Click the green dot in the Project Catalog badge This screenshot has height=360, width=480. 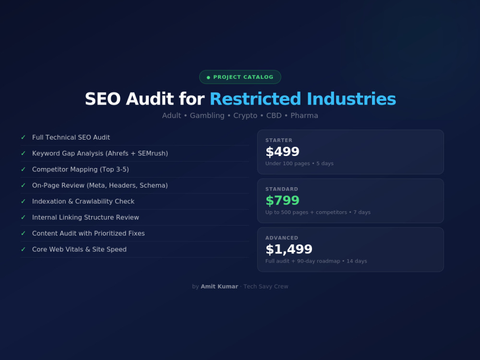click(208, 77)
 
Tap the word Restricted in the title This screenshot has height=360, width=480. click(255, 99)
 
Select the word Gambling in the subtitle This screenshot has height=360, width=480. click(207, 116)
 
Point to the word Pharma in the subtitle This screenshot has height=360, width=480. click(304, 115)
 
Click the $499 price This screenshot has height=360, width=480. click(282, 152)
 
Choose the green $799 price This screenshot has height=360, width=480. click(282, 201)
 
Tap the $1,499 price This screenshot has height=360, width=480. click(288, 249)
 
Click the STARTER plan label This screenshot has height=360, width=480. click(278, 140)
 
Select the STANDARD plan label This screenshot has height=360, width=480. click(282, 189)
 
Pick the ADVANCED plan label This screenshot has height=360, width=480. click(282, 238)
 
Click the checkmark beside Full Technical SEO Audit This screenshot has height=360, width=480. click(23, 137)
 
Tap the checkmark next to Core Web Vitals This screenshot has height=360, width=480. click(23, 249)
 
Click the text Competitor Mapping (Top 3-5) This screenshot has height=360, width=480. click(81, 169)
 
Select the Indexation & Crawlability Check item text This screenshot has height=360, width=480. click(83, 202)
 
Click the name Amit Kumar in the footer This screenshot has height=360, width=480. click(219, 287)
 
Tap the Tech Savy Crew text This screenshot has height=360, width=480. click(266, 287)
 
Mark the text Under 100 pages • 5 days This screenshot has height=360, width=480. click(300, 164)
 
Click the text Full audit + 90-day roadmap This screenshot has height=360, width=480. click(303, 261)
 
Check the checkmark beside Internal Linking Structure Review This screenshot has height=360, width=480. click(23, 217)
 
